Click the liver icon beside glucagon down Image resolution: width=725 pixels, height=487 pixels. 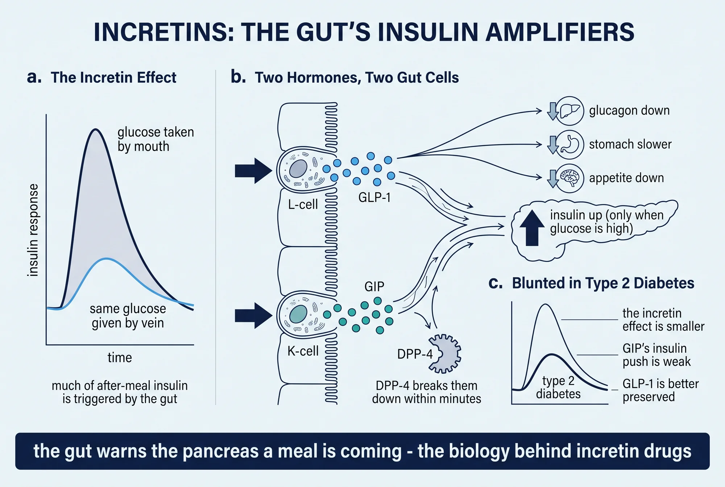click(569, 111)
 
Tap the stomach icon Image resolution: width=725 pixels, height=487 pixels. click(569, 144)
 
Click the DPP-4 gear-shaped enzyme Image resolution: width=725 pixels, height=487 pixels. click(446, 354)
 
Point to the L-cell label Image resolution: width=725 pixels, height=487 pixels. click(303, 204)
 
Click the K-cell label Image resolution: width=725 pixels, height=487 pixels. click(303, 351)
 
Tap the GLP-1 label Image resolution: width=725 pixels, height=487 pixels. click(374, 197)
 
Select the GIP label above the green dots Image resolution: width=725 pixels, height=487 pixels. click(374, 286)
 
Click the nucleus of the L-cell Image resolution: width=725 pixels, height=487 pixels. click(298, 169)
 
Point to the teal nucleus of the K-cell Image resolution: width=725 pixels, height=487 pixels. click(298, 314)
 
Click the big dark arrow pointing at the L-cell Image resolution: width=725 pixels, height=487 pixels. click(253, 171)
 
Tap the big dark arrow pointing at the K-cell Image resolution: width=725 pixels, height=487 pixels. click(253, 315)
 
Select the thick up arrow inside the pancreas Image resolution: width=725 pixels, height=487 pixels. click(532, 228)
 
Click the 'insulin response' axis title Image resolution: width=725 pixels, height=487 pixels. click(33, 230)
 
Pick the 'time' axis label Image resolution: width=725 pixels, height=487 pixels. click(120, 357)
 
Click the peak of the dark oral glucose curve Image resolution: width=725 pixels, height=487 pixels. click(95, 129)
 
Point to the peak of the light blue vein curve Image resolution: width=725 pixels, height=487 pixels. click(106, 258)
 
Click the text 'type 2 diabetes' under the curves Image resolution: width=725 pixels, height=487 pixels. click(558, 387)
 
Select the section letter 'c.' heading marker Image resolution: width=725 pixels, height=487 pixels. click(496, 283)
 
